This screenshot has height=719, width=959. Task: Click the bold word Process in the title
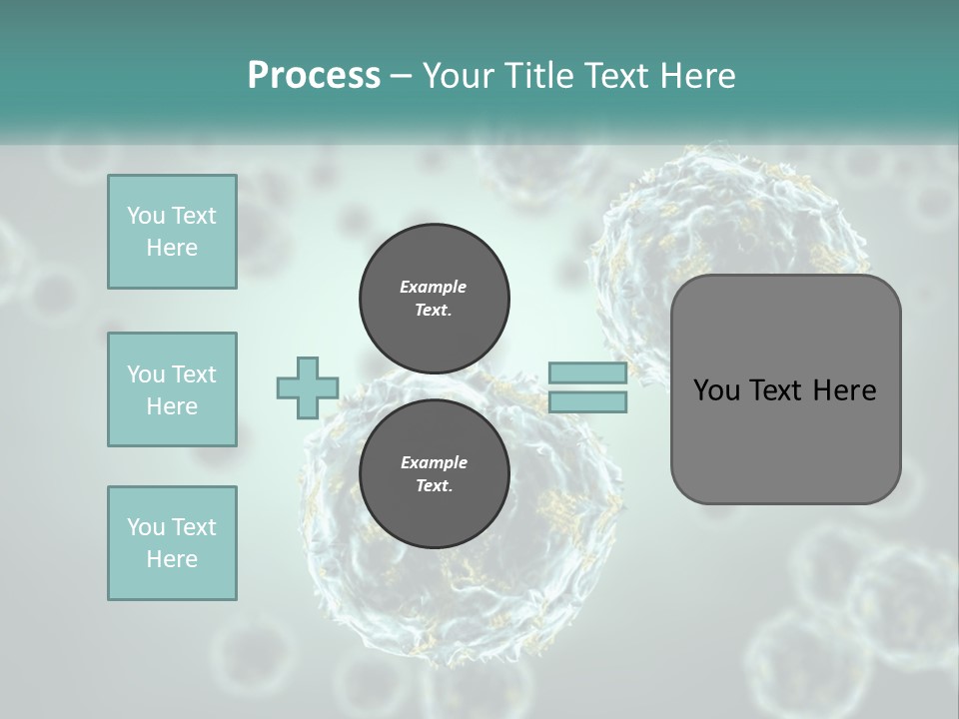coord(314,76)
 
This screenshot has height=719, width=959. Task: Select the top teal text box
coord(172,232)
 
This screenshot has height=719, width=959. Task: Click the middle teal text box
coord(172,389)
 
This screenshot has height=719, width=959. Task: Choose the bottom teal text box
coord(172,543)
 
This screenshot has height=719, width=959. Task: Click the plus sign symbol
coord(308,387)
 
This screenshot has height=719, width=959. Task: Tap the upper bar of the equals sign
coord(587,372)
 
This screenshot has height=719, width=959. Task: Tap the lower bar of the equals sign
coord(587,402)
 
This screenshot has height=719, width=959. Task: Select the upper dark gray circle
coord(435,299)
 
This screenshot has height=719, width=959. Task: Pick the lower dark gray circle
coord(435,474)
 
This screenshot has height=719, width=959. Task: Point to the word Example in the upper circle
coord(434,287)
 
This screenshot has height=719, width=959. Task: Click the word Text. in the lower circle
coord(434,486)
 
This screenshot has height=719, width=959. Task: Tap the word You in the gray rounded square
coord(716,390)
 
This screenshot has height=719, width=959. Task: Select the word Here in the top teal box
coord(172,248)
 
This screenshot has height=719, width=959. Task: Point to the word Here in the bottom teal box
coord(172,559)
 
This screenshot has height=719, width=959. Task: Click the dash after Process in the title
coord(402,76)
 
